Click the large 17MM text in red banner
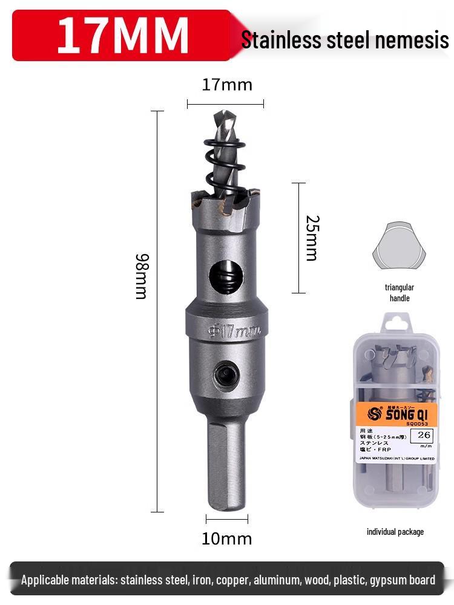click(x=123, y=35)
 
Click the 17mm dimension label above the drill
click(x=226, y=85)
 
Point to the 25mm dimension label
click(x=311, y=238)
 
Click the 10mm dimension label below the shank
click(x=226, y=538)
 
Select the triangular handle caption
click(x=399, y=293)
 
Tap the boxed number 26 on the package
click(x=424, y=434)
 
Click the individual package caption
click(x=395, y=532)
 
